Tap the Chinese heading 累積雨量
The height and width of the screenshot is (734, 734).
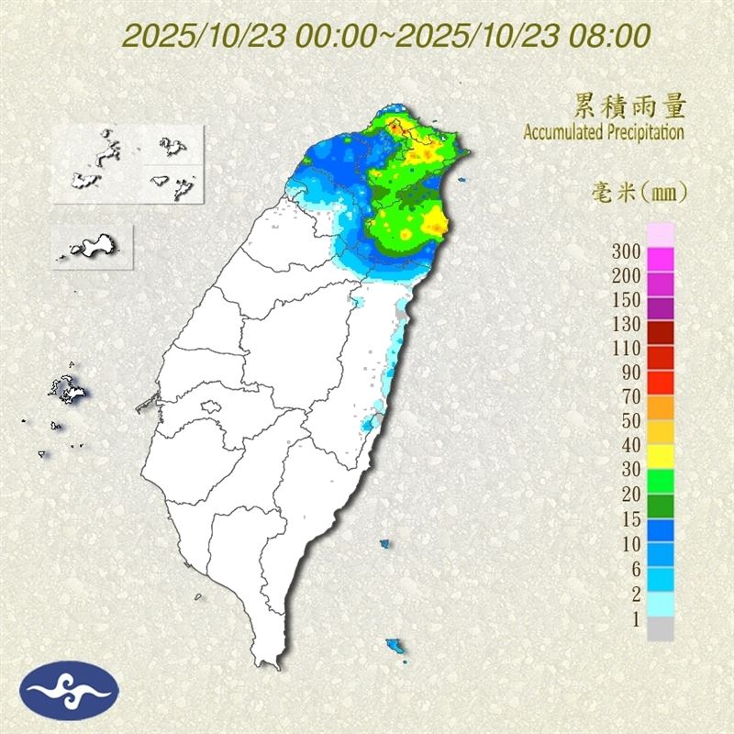[x=629, y=107]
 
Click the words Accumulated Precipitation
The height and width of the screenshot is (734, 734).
[x=603, y=132]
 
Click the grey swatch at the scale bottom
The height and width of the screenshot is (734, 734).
[x=661, y=628]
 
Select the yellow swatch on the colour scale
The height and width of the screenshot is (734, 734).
[x=661, y=456]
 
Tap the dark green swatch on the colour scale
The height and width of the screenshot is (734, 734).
[x=661, y=506]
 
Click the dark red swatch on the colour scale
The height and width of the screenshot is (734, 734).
[x=661, y=333]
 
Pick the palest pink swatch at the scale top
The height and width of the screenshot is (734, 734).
[x=661, y=234]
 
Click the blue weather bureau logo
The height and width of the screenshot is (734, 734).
[x=71, y=690]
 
